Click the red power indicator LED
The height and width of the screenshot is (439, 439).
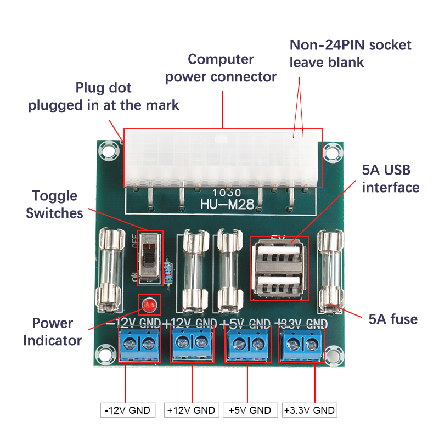[148, 303]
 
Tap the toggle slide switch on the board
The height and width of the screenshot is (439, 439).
[150, 257]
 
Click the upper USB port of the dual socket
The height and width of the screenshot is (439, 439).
[279, 255]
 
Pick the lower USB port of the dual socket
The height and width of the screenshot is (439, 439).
[279, 285]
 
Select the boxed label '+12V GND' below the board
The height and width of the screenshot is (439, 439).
[192, 410]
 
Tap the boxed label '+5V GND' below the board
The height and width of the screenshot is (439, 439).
[250, 410]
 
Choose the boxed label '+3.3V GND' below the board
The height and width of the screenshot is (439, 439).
[309, 410]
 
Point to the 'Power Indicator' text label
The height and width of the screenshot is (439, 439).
[52, 331]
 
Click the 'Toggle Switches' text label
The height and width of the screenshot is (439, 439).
[54, 204]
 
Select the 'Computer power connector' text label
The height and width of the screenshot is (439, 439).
[221, 67]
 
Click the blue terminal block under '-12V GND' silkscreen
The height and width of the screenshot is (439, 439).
[139, 344]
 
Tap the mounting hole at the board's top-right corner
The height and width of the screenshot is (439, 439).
[330, 149]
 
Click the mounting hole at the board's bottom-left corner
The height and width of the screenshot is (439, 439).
[103, 353]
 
